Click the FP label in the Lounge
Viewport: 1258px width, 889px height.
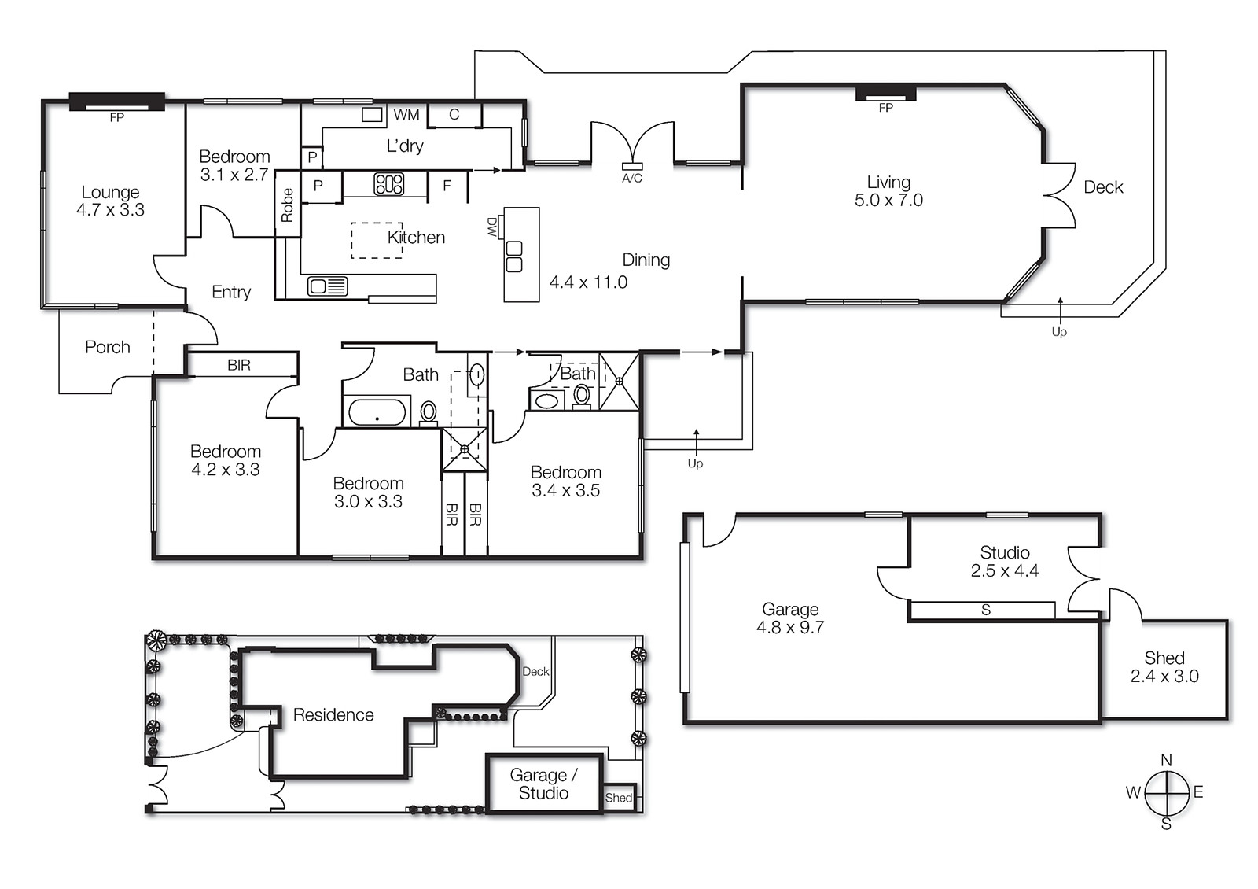(x=116, y=118)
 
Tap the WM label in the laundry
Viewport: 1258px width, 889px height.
(x=406, y=115)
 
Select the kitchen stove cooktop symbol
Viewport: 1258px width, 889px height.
(x=388, y=184)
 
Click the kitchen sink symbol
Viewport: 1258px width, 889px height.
(x=327, y=286)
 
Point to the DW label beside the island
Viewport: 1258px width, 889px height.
(x=492, y=227)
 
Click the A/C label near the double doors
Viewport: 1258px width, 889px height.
(x=631, y=179)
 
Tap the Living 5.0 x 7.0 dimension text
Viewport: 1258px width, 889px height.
(x=888, y=201)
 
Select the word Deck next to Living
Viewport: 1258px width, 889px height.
(x=1103, y=187)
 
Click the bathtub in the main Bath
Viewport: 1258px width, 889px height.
(x=377, y=412)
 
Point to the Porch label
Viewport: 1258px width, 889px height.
(x=108, y=347)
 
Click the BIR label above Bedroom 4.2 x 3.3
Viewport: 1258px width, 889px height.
(x=239, y=365)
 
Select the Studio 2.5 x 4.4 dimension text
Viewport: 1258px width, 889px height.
(x=1004, y=571)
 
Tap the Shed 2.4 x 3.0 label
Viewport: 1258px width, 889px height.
(x=1164, y=667)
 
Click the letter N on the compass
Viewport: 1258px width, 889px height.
(x=1166, y=760)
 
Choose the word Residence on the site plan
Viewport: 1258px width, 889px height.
(x=333, y=715)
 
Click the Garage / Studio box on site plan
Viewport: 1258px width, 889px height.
(x=543, y=784)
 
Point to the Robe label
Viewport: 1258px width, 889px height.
(x=287, y=205)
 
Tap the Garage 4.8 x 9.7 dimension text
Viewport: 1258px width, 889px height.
(x=789, y=628)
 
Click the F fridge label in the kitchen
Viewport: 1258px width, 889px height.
(x=447, y=186)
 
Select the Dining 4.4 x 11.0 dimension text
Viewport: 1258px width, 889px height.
(x=588, y=282)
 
